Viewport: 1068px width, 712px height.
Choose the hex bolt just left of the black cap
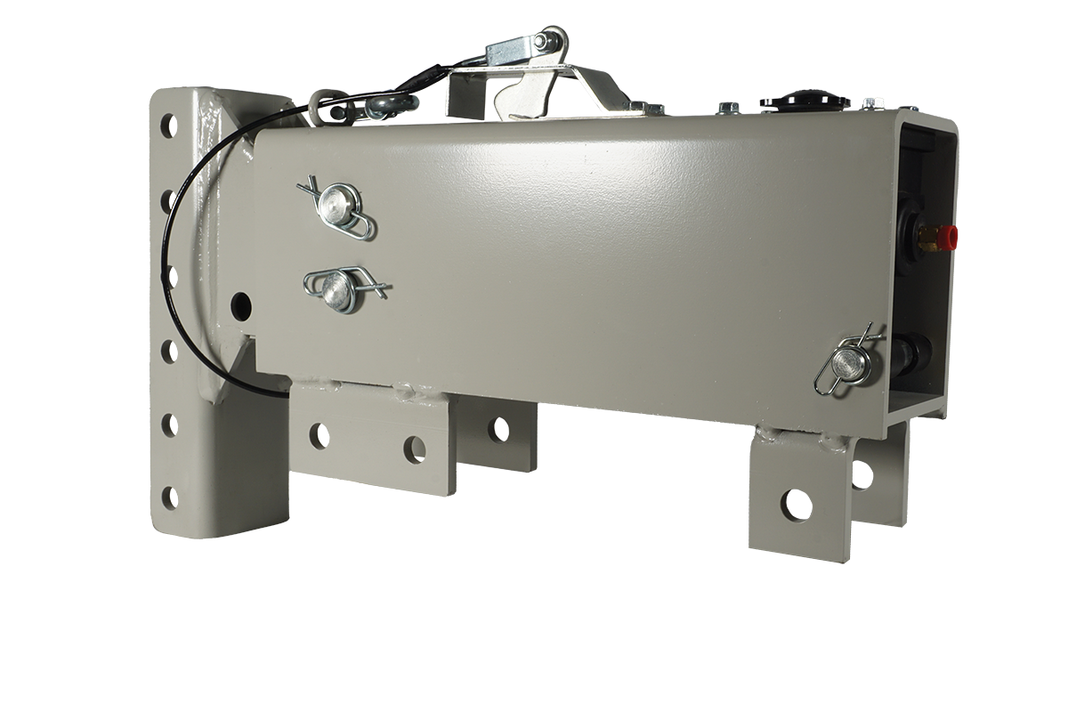(728, 109)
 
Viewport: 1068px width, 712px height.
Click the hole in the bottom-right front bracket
(796, 504)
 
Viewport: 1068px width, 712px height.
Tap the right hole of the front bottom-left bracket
(413, 444)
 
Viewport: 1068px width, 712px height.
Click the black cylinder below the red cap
(912, 351)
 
